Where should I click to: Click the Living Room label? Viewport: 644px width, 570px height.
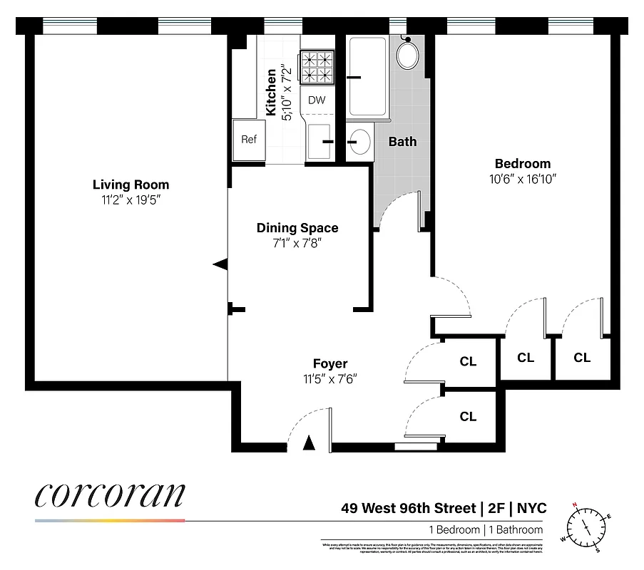pos(131,185)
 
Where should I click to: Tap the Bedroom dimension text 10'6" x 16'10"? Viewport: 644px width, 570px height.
pos(517,180)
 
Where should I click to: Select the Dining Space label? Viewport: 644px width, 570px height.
pos(297,228)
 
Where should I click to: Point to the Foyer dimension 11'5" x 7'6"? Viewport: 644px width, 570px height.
pos(329,378)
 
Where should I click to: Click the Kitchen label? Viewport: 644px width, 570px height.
pos(271,93)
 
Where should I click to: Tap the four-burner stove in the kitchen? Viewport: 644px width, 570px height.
pos(317,67)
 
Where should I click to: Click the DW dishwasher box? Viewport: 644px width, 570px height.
pos(317,100)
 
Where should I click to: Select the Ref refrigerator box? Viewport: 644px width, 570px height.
pos(248,140)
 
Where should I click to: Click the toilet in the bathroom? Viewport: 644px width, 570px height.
pos(408,54)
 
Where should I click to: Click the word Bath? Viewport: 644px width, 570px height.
pos(402,142)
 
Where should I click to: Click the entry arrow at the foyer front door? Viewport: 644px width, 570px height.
pos(308,443)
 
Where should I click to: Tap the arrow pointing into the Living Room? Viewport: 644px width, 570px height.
pos(220,264)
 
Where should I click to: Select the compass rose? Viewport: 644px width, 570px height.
pos(588,527)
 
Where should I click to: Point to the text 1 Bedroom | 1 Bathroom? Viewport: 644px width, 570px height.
pos(485,529)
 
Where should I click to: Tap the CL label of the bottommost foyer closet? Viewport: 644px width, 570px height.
pos(468,417)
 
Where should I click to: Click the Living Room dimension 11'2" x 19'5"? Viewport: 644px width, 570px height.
pos(131,200)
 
